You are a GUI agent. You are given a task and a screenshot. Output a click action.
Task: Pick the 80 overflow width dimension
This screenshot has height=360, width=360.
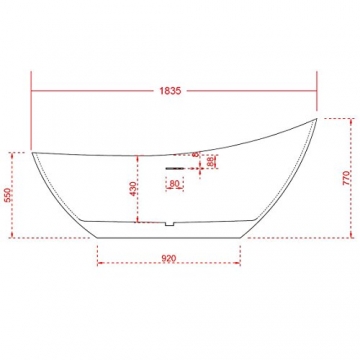pyautogui.click(x=174, y=183)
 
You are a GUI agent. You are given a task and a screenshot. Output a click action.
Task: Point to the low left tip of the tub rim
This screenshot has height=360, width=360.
pyautogui.click(x=32, y=152)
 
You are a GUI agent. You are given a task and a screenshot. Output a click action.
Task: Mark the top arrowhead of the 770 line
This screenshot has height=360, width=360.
pyautogui.click(x=350, y=120)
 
